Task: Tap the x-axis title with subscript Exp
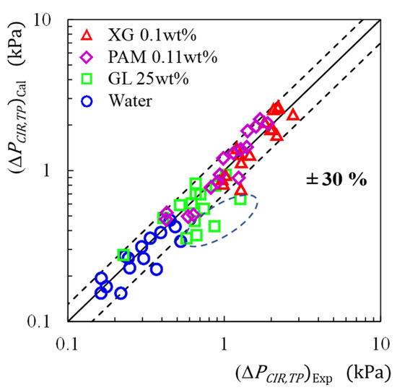pos(310,373)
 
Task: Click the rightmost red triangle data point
pos(292,114)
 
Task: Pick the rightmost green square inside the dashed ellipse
pos(241,199)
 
